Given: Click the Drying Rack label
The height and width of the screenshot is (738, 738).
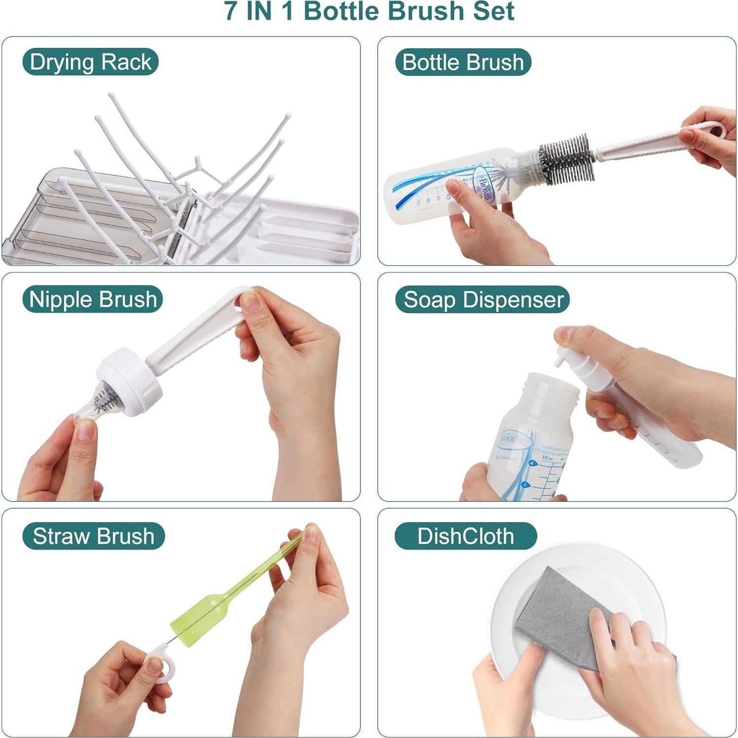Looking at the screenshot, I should pyautogui.click(x=90, y=62).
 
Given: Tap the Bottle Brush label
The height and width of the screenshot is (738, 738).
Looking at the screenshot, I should pyautogui.click(x=462, y=62).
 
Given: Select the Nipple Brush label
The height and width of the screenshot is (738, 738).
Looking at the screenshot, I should pyautogui.click(x=93, y=299).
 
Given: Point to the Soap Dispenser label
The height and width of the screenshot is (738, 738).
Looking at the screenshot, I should pyautogui.click(x=483, y=299).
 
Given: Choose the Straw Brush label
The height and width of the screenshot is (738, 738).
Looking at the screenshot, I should pyautogui.click(x=93, y=536).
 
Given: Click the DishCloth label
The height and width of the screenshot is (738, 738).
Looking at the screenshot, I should pyautogui.click(x=465, y=536).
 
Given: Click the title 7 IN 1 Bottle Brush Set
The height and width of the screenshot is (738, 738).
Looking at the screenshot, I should pyautogui.click(x=369, y=12).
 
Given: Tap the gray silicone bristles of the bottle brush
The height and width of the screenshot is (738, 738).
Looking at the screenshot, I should pyautogui.click(x=567, y=158).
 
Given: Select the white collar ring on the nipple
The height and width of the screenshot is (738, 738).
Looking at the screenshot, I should pyautogui.click(x=129, y=382).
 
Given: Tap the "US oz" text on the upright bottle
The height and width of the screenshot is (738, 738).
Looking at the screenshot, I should pyautogui.click(x=548, y=457).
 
